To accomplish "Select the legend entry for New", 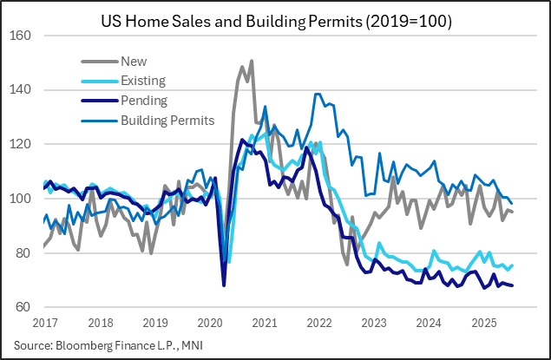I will [134, 62].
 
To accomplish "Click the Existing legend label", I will [143, 81].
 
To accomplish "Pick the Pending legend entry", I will [145, 101].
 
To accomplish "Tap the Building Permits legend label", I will [167, 120].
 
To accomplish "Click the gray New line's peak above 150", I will [252, 61].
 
